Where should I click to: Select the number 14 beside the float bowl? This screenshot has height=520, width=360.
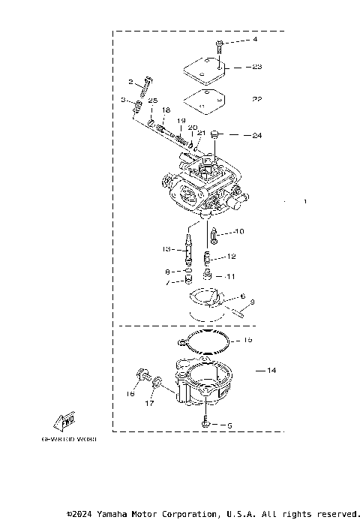(x=271, y=371)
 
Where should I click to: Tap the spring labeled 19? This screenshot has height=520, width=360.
(x=181, y=136)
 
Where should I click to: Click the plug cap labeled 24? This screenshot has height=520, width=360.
(x=214, y=135)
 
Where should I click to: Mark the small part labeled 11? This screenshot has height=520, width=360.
(x=209, y=276)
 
